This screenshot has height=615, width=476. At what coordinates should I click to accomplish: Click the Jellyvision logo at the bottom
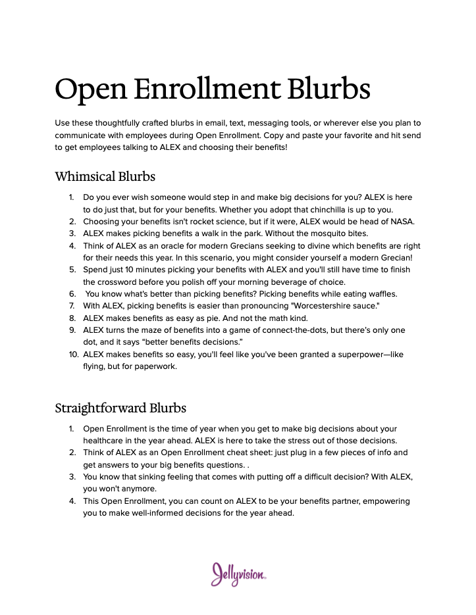(238, 574)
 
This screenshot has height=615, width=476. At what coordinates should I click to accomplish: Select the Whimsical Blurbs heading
(105, 176)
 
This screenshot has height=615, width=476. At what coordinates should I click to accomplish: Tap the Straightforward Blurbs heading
(120, 408)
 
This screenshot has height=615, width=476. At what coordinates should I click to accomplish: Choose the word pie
(218, 318)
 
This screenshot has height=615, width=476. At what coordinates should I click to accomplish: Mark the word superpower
(352, 355)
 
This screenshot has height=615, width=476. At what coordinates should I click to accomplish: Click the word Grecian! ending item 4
(394, 257)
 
